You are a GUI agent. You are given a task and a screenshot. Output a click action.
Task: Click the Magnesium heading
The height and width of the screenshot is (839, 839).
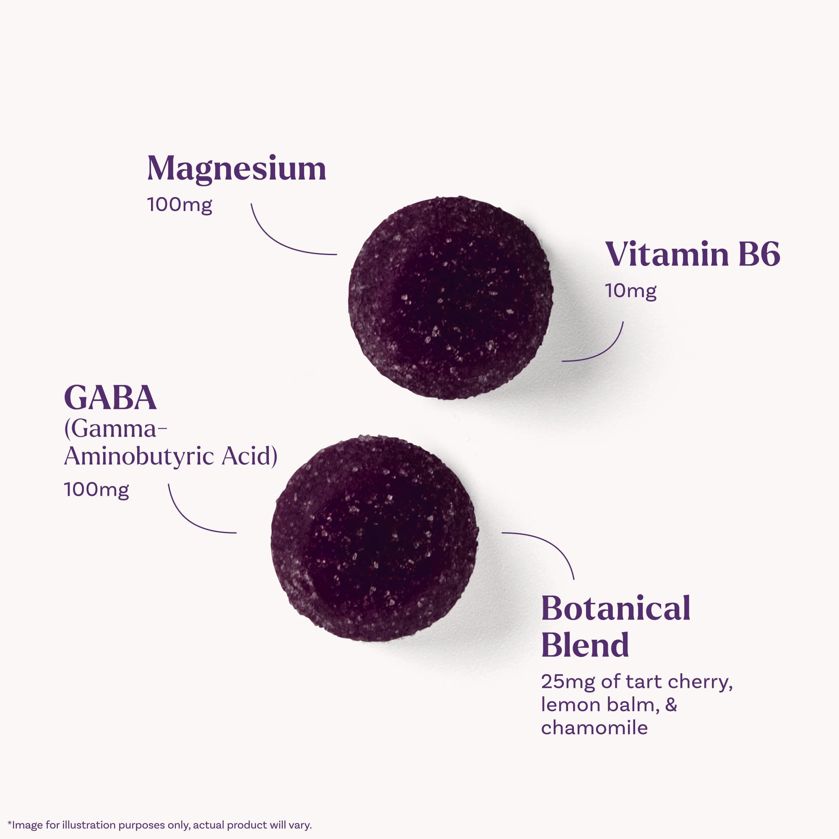pyautogui.click(x=237, y=169)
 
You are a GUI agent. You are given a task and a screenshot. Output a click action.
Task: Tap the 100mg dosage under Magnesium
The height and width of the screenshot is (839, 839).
pyautogui.click(x=180, y=205)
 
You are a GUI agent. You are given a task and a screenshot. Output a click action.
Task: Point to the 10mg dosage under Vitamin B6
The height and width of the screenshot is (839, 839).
pyautogui.click(x=631, y=291)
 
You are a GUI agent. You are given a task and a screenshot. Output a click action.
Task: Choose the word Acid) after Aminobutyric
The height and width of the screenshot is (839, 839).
pyautogui.click(x=249, y=456)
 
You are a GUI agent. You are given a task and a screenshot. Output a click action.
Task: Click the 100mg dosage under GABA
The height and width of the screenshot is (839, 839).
pyautogui.click(x=96, y=490)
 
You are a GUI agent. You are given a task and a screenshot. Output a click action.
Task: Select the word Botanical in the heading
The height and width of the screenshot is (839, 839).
pyautogui.click(x=616, y=608)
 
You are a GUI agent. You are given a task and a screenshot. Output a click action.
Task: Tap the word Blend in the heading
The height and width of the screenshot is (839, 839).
pyautogui.click(x=585, y=645)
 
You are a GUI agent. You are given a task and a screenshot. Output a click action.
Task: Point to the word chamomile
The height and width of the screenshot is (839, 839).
pyautogui.click(x=594, y=728)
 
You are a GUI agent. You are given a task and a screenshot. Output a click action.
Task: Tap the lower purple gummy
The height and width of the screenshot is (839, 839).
pyautogui.click(x=374, y=539)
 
